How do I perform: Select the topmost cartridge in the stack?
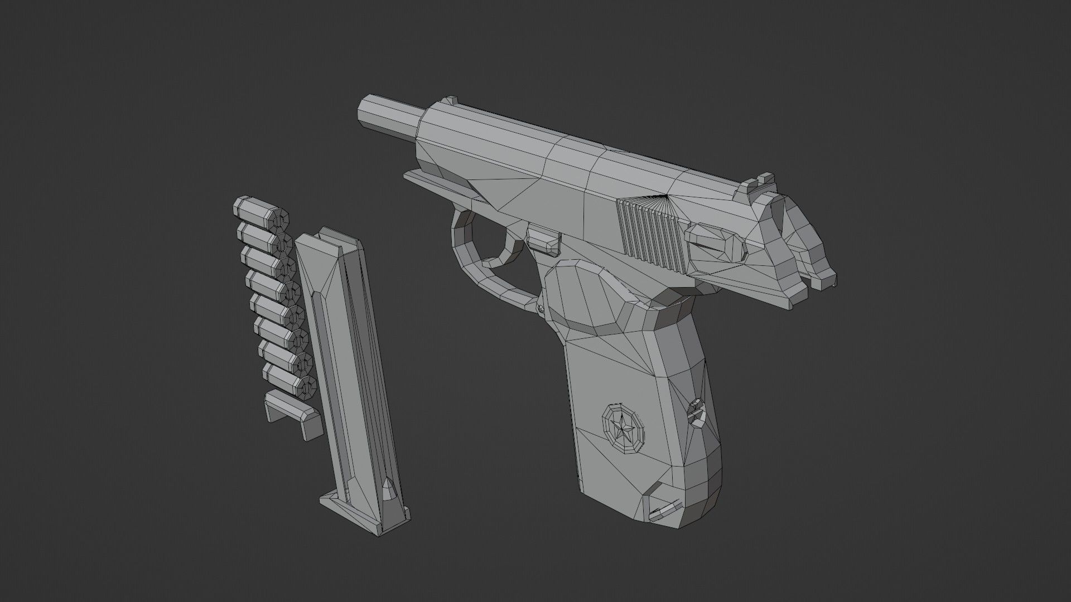(x=261, y=213)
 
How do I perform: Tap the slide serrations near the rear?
(x=650, y=234)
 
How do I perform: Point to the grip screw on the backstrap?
(x=696, y=412)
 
